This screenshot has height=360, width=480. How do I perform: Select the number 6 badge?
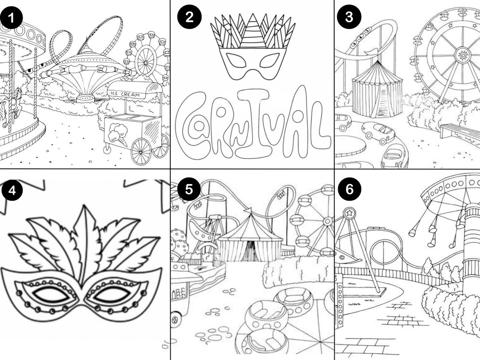click(x=349, y=189)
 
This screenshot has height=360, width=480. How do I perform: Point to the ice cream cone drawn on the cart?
click(x=118, y=134)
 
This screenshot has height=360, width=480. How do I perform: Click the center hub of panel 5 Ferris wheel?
click(x=328, y=221)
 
